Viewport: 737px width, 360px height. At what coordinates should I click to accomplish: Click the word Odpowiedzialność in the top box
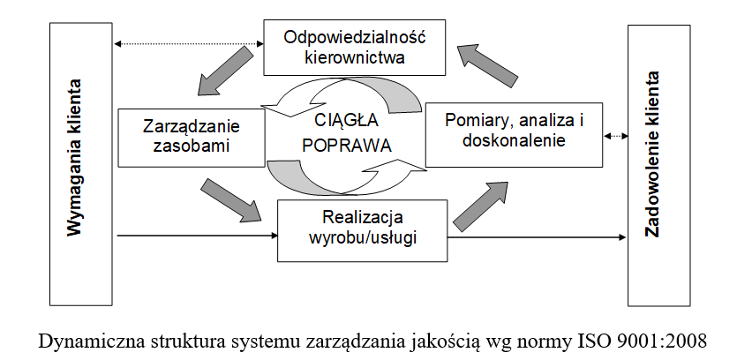pyautogui.click(x=355, y=37)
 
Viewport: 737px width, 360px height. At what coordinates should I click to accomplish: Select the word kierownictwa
pyautogui.click(x=355, y=57)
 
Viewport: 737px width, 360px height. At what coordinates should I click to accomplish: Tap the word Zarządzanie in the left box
pyautogui.click(x=192, y=127)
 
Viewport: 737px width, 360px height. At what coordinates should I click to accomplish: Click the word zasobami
pyautogui.click(x=192, y=146)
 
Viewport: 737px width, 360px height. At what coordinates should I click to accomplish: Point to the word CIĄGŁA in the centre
pyautogui.click(x=346, y=121)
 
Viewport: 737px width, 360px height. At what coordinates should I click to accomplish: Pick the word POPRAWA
pyautogui.click(x=346, y=146)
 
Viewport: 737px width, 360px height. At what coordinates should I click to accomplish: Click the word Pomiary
pyautogui.click(x=475, y=121)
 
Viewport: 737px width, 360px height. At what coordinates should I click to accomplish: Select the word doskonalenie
pyautogui.click(x=514, y=140)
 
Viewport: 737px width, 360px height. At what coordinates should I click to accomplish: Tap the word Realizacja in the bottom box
pyautogui.click(x=363, y=218)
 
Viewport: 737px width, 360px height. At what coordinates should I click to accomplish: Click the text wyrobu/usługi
pyautogui.click(x=363, y=238)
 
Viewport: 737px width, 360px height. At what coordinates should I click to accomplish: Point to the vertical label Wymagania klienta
pyautogui.click(x=74, y=157)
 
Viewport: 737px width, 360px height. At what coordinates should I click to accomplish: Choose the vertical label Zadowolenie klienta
pyautogui.click(x=652, y=154)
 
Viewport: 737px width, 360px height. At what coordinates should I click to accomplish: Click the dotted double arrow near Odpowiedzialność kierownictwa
pyautogui.click(x=189, y=44)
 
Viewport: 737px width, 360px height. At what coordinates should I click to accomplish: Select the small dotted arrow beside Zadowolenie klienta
pyautogui.click(x=616, y=136)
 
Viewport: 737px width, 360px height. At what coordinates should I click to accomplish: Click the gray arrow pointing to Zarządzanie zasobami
pyautogui.click(x=225, y=71)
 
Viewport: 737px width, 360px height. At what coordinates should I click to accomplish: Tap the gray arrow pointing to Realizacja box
pyautogui.click(x=230, y=199)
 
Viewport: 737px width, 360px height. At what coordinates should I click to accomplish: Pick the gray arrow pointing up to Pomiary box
pyautogui.click(x=480, y=206)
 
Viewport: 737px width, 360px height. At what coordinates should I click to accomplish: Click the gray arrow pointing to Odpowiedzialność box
pyautogui.click(x=487, y=65)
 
